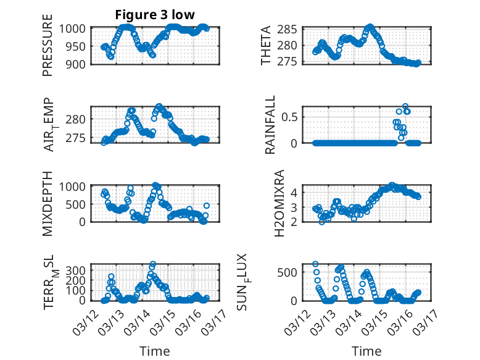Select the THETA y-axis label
(266, 45)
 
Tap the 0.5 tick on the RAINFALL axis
(291, 116)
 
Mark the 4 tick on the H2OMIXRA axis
(294, 192)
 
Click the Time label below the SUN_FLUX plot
(366, 351)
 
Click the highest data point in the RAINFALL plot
(405, 106)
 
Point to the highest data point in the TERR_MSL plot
(153, 264)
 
